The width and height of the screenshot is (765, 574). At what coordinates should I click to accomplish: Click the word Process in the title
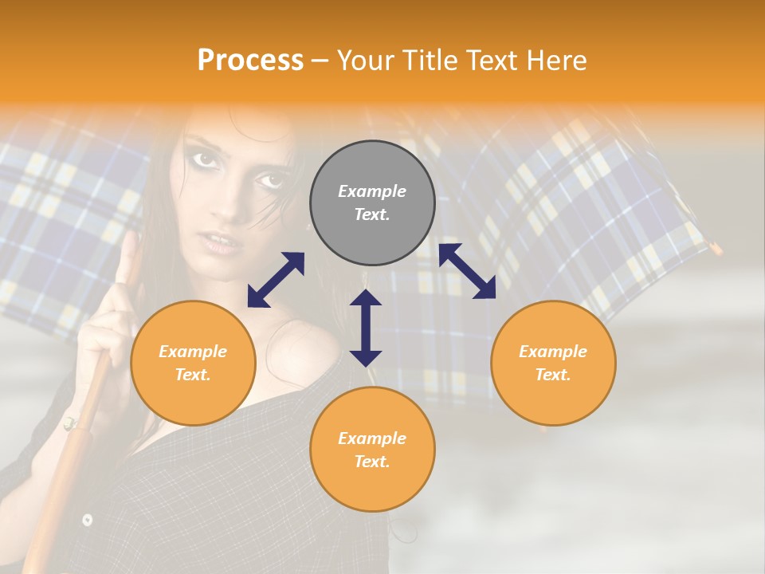point(250,61)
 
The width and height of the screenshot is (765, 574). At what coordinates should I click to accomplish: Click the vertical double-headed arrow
point(366,328)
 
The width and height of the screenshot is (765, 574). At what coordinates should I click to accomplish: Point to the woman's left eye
point(269,181)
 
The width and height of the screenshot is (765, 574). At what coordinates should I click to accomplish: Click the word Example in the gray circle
point(372,191)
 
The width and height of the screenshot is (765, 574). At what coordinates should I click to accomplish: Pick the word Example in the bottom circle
point(372,438)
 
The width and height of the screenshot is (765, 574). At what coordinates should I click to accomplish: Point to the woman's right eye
point(206,159)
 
